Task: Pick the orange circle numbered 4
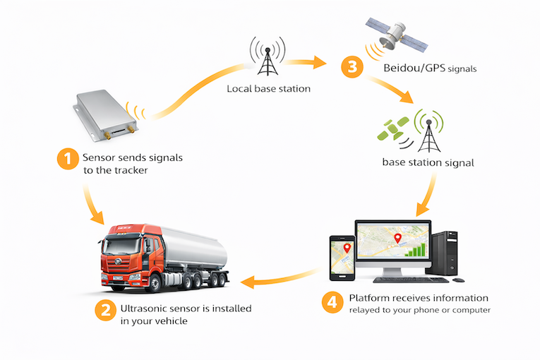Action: [332, 301]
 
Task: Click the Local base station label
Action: [268, 89]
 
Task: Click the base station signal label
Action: [428, 162]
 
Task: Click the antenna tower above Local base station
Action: [268, 57]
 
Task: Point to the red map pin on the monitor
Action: [397, 239]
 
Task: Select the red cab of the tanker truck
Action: [128, 251]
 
